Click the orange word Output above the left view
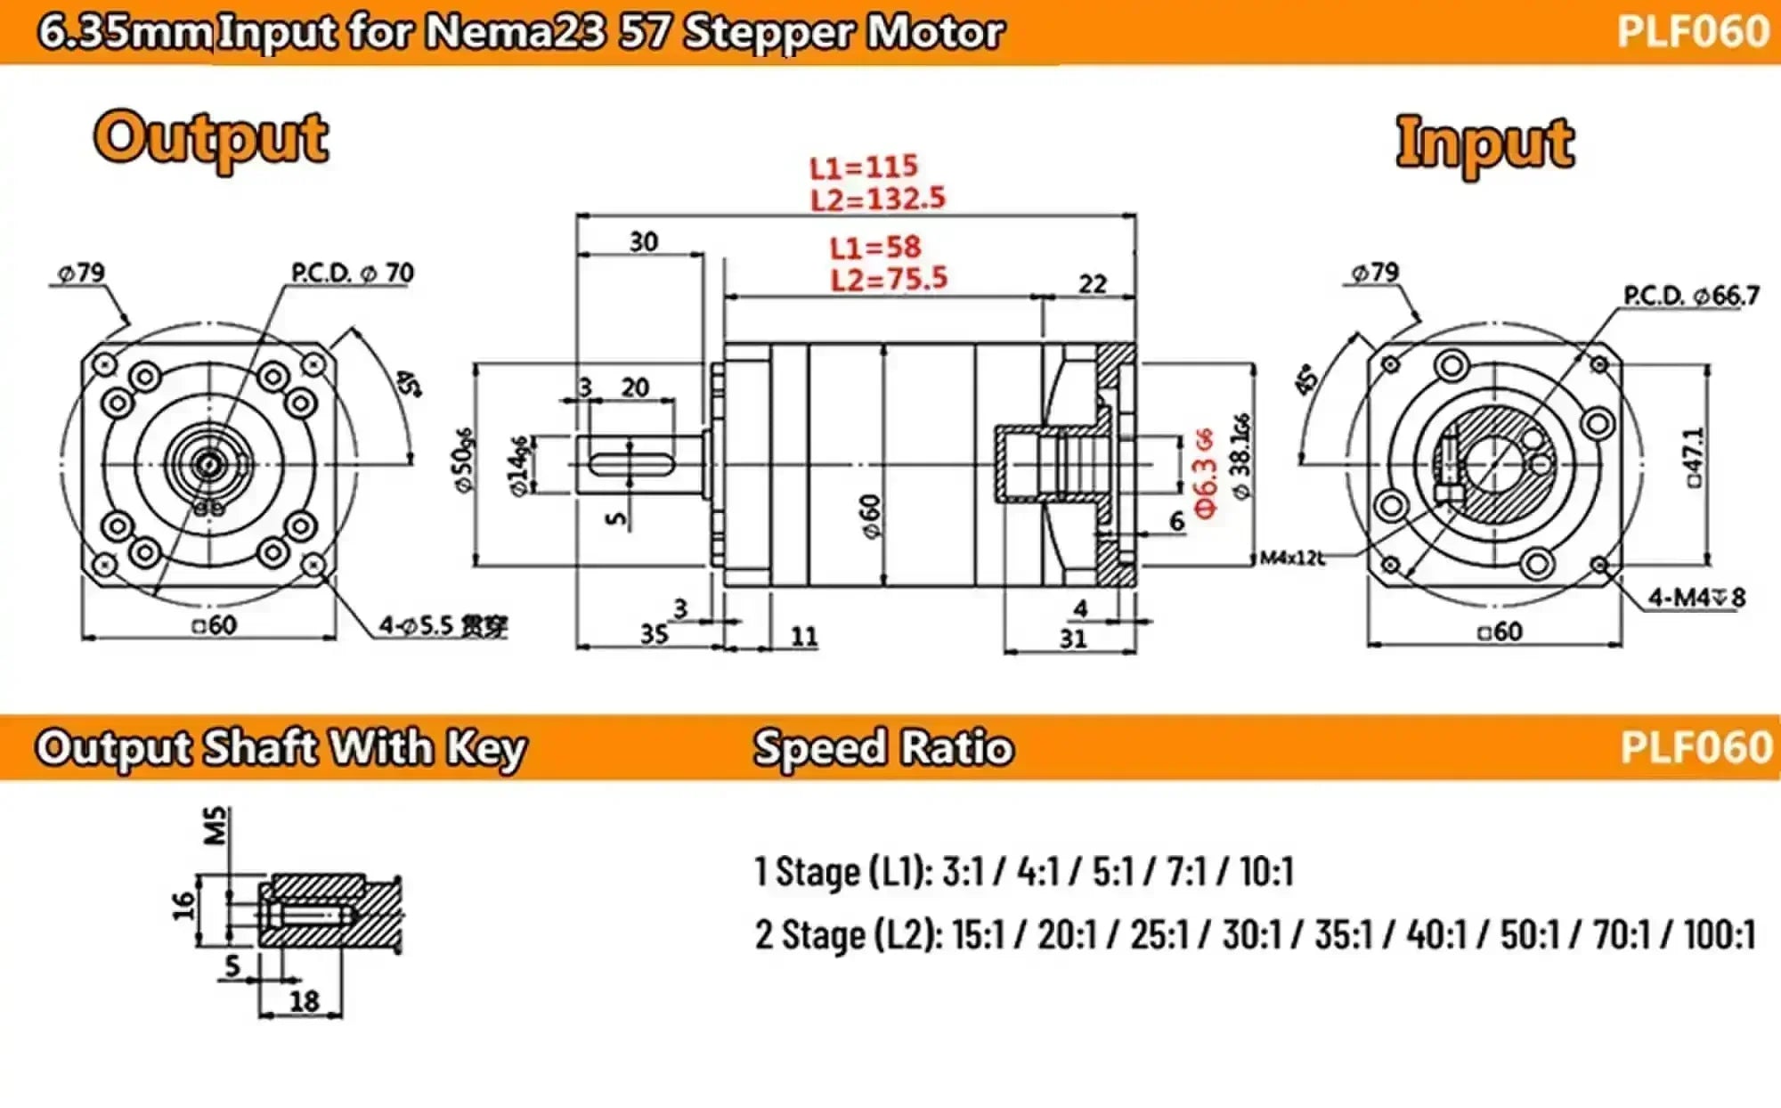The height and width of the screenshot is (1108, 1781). tap(211, 138)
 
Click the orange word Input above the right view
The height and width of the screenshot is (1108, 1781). tap(1484, 143)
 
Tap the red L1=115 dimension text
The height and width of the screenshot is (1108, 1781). tap(863, 167)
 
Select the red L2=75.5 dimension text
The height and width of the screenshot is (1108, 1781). tap(889, 280)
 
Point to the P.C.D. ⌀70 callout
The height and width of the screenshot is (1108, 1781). tap(353, 273)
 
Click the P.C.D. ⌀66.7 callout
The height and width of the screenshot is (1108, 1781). tap(1691, 296)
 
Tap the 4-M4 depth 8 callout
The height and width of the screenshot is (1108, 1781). tap(1696, 597)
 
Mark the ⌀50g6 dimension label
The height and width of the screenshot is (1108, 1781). tap(464, 460)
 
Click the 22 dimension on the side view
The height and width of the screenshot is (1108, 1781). tap(1093, 284)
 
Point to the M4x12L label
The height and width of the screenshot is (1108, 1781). tap(1292, 558)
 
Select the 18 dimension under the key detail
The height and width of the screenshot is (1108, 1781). tap(304, 1001)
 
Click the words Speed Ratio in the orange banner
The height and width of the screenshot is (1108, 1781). tap(883, 747)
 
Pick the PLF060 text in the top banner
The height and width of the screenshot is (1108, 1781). tap(1693, 32)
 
